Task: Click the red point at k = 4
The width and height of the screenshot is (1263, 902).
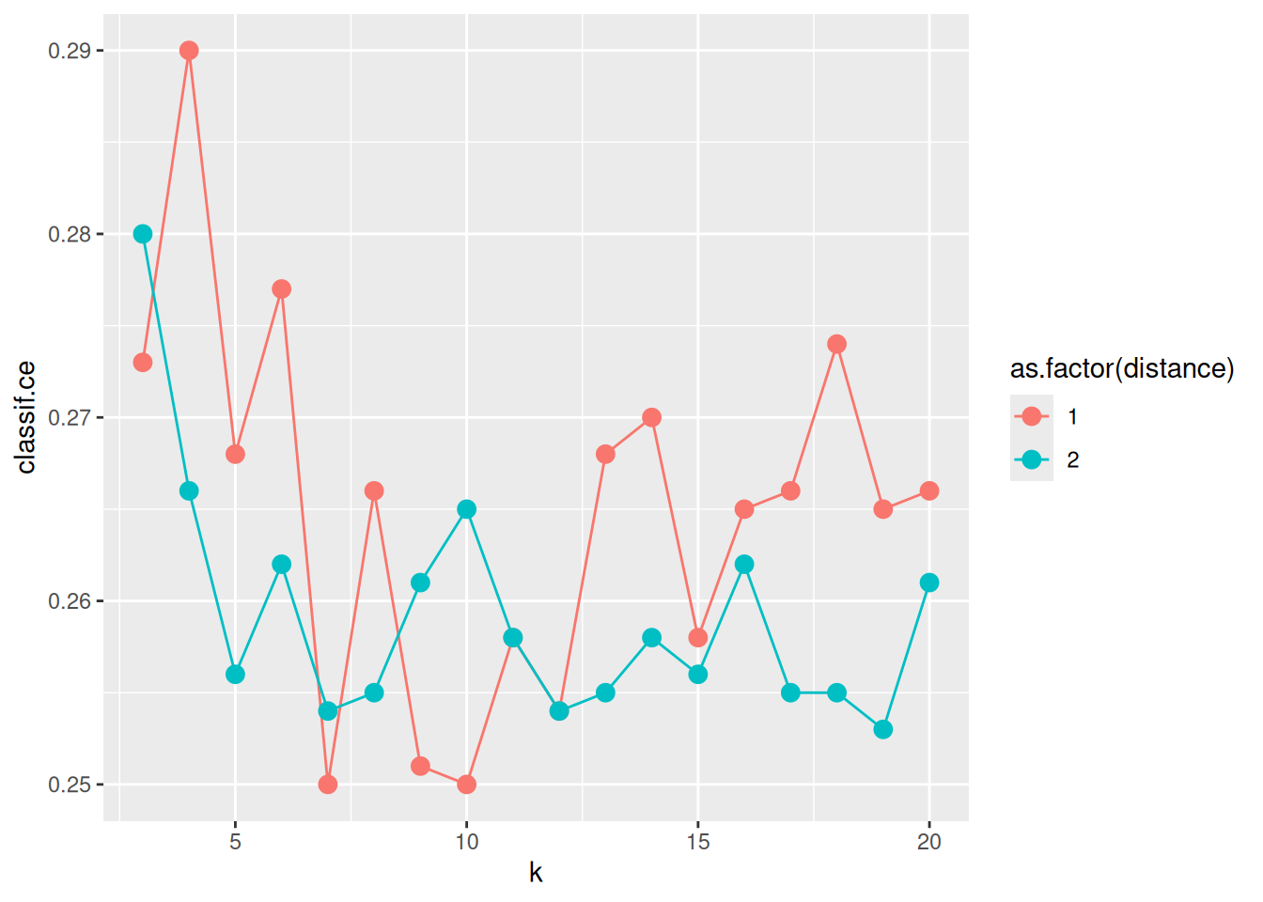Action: point(189,51)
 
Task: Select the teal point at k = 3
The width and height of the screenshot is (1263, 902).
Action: point(143,234)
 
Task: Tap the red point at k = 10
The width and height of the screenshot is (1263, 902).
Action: point(466,785)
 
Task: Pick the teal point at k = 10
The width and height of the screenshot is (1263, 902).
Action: point(466,509)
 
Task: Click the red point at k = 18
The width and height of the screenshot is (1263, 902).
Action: point(836,344)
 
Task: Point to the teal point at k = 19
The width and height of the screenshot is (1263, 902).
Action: point(882,729)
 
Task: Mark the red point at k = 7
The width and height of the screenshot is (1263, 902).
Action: point(328,785)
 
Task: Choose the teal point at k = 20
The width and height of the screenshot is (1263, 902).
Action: point(929,583)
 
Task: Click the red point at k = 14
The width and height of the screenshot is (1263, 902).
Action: point(651,417)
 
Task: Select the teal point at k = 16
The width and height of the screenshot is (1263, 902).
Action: point(744,565)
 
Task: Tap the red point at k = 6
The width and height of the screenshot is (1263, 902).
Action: point(281,289)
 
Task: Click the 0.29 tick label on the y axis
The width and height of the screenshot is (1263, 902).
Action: point(70,51)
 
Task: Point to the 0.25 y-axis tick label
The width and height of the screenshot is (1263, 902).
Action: point(70,785)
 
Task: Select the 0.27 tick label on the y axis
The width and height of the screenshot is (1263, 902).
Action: point(70,417)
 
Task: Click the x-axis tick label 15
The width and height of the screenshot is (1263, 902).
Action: point(697,842)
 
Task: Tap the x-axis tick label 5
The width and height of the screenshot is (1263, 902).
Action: point(235,842)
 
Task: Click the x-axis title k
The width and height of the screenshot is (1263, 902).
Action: point(536,873)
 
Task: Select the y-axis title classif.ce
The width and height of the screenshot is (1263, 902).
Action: point(26,417)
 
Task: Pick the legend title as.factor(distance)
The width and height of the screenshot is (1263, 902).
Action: point(1122,368)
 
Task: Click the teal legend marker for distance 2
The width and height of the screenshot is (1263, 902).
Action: point(1032,459)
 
